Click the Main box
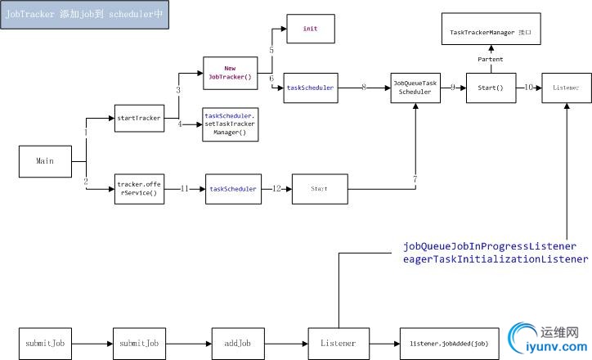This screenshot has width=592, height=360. [x=45, y=161]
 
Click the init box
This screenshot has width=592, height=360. [x=310, y=29]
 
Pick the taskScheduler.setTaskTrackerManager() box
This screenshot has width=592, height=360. [x=230, y=124]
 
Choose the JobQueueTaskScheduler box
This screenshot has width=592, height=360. [x=415, y=88]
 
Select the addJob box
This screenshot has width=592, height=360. [x=236, y=343]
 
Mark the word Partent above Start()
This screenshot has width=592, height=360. [x=491, y=60]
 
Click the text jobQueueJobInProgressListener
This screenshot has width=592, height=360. [x=490, y=246]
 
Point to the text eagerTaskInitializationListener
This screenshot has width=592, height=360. [x=495, y=259]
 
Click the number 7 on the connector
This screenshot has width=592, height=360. [x=415, y=178]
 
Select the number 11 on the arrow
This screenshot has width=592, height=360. [x=184, y=189]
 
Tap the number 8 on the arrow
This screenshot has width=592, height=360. [x=363, y=87]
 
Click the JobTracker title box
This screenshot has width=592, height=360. [x=86, y=16]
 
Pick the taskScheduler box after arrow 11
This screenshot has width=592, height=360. [x=232, y=189]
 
